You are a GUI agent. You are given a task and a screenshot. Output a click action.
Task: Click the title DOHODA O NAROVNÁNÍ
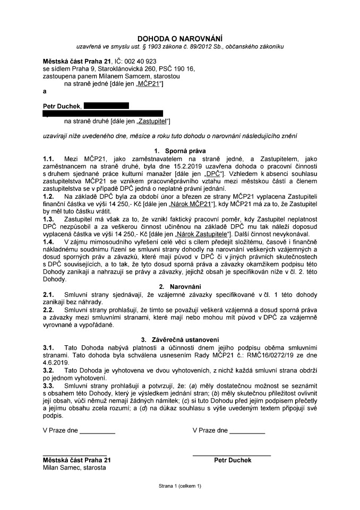[x=179, y=38]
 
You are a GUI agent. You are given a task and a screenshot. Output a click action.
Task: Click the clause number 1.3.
[x=49, y=218]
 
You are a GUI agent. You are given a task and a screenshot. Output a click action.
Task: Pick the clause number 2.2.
[x=49, y=309]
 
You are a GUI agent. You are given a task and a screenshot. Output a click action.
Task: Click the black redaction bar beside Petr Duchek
[x=106, y=106]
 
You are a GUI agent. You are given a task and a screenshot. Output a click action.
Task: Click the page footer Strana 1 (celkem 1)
[x=179, y=486]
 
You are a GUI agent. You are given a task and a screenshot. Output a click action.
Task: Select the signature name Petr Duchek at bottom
[x=233, y=460]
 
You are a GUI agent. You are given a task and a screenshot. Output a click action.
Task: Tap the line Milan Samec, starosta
[x=74, y=467]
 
